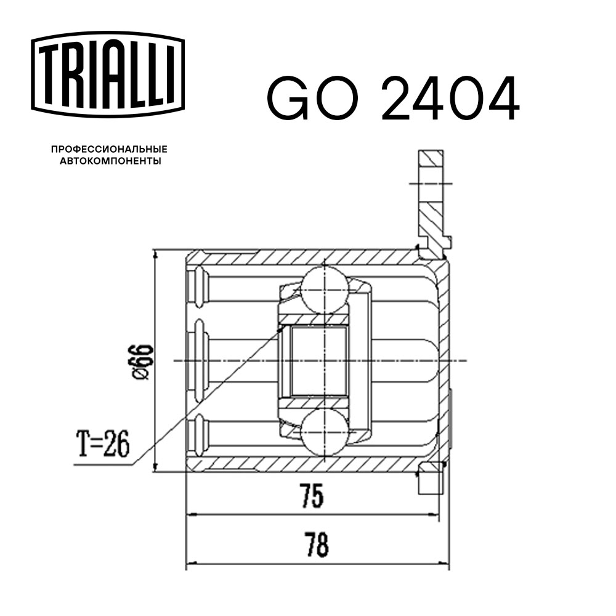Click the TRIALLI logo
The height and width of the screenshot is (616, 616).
(x=108, y=73)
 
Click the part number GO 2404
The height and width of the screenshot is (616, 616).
(x=392, y=99)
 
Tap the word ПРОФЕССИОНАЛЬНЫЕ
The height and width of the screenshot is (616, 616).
(x=109, y=150)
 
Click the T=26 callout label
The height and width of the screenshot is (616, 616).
(x=103, y=445)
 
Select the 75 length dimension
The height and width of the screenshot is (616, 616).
(x=312, y=496)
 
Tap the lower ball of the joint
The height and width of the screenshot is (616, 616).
(x=325, y=433)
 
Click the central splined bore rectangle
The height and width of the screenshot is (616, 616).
(x=318, y=361)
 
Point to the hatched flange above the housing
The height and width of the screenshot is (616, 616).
(x=431, y=197)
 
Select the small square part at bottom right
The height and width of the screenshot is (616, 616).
(x=431, y=481)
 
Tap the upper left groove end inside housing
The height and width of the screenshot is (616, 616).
(x=198, y=286)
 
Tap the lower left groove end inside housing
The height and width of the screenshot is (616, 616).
(x=198, y=434)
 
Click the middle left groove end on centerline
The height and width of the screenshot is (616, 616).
(x=198, y=360)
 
